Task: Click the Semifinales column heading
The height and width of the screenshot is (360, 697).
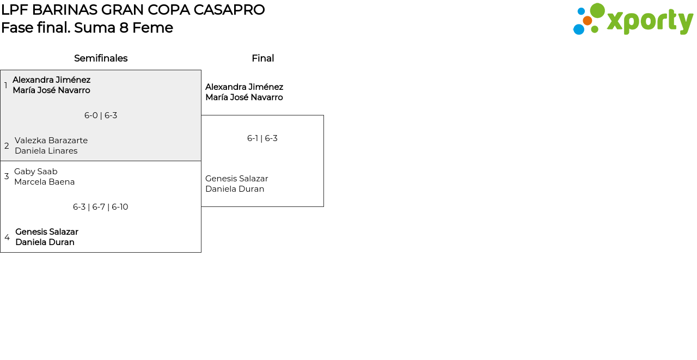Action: coord(101,58)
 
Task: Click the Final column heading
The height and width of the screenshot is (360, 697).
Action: coord(262,58)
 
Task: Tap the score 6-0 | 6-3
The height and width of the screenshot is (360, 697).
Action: coord(101,115)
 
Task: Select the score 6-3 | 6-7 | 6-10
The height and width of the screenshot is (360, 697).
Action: coord(101,207)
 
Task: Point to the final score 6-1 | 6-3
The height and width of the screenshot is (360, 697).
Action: coord(262,138)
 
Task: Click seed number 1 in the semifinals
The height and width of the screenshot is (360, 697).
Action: coord(6,86)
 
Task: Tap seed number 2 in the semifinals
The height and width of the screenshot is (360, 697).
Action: coord(7,146)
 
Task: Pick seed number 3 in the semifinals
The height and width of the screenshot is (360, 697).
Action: coord(7,176)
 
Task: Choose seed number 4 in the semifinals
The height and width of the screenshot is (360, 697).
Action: coord(7,237)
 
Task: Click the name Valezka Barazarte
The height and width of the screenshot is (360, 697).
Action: coord(51,141)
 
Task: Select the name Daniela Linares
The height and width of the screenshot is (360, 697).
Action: coord(46,151)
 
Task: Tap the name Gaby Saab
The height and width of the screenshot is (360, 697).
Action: coord(36,172)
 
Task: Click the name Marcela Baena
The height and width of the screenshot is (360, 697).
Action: coord(45,182)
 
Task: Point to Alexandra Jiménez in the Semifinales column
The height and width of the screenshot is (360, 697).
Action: coord(52,80)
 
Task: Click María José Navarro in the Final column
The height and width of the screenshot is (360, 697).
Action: coord(244,97)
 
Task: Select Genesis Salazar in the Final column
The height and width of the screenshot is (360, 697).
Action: coord(237,179)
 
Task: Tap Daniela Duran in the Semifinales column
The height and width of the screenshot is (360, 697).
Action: coord(45,242)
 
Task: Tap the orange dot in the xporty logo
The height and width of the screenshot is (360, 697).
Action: coord(587,21)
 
